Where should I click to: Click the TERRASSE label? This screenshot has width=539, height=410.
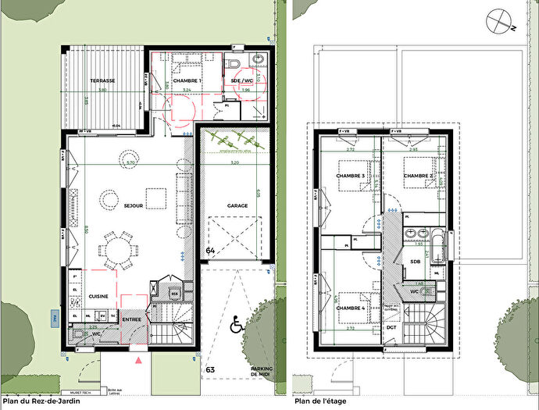[102, 80]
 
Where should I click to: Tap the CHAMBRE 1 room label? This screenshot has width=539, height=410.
[187, 81]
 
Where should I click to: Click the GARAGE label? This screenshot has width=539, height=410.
[237, 206]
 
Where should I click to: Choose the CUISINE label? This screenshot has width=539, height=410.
[98, 297]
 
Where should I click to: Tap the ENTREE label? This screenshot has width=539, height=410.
[132, 319]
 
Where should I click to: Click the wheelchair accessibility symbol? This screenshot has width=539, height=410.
[237, 322]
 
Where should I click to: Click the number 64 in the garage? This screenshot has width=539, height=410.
[211, 250]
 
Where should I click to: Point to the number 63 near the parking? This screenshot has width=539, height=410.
[210, 368]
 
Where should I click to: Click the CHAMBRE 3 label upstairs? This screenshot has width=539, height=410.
[351, 176]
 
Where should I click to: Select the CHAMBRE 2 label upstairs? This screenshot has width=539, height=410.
[419, 176]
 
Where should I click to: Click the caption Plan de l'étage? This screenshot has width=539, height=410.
[320, 402]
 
